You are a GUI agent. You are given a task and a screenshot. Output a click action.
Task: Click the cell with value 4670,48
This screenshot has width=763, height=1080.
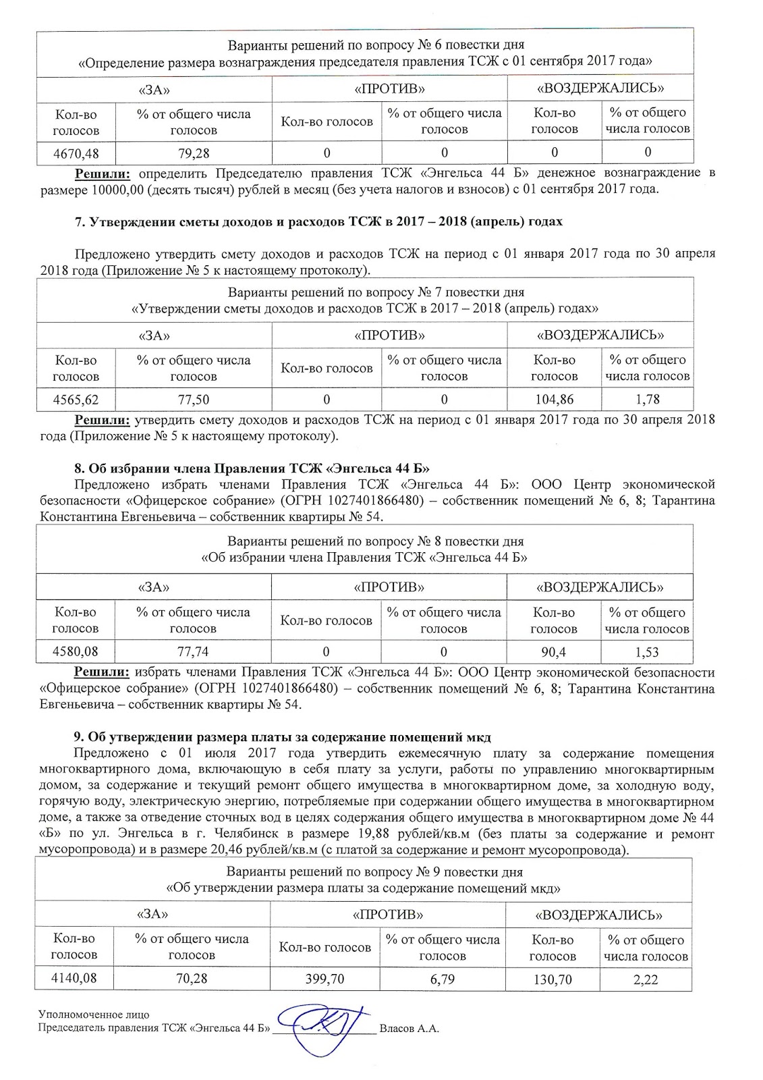coord(76,153)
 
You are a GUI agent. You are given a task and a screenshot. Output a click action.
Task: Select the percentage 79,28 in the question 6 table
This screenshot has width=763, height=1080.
coord(193,153)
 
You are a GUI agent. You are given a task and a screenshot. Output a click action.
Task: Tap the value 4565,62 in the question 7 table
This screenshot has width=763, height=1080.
coord(76,400)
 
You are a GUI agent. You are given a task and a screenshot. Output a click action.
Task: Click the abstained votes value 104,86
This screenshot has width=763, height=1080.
coord(554,400)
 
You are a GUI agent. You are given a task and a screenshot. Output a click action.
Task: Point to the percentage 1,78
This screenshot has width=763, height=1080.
coord(648,400)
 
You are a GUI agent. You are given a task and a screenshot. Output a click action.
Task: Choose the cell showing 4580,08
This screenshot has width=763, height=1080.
coord(75,652)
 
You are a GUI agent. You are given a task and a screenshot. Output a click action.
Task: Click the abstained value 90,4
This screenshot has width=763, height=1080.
coord(553,652)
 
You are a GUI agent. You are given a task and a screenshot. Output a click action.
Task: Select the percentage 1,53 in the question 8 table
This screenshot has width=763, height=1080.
coord(647,652)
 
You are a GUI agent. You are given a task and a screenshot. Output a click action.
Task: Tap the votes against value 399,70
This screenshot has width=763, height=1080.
coord(324,979)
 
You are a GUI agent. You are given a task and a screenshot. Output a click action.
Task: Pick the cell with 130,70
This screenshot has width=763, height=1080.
coord(552,979)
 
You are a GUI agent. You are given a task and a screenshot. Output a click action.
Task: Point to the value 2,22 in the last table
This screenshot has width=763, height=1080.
coord(646,979)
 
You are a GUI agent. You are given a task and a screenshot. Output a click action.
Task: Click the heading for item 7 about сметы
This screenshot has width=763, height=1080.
coord(318,221)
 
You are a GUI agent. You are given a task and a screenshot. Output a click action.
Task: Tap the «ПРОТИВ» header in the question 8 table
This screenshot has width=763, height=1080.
coord(389,587)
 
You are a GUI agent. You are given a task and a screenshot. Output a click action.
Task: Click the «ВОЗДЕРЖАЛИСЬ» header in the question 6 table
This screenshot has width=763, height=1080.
coord(600,88)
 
